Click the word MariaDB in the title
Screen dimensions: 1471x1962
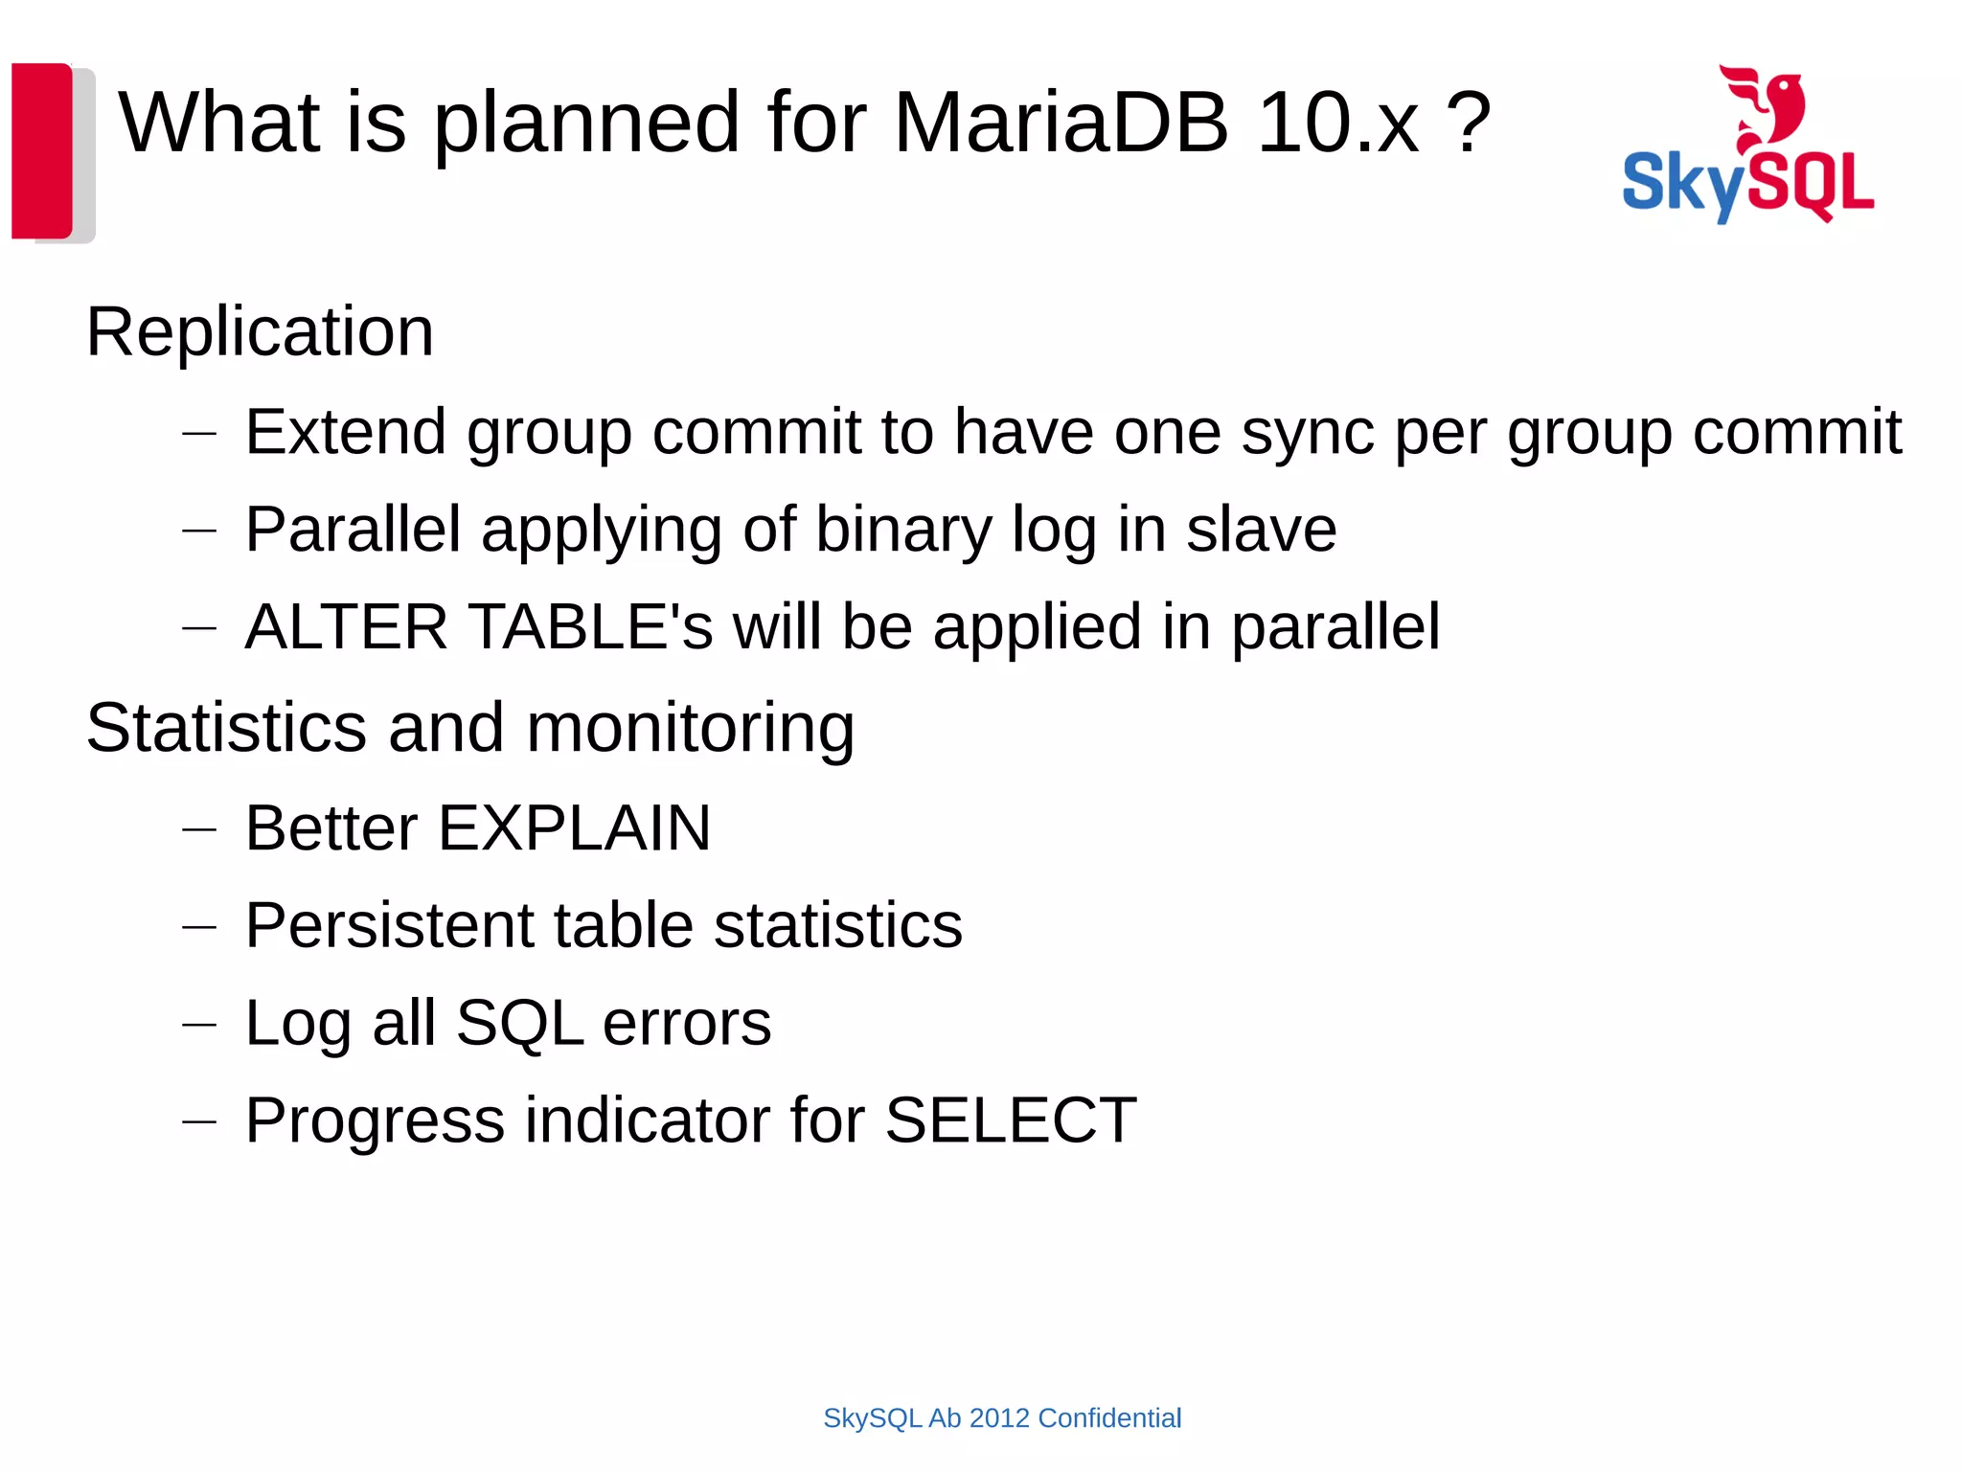tap(1061, 124)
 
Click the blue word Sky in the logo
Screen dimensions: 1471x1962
tap(1682, 185)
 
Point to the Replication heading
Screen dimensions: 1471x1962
tap(260, 331)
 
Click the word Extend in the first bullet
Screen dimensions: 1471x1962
tap(346, 432)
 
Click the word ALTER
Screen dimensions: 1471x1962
tap(346, 627)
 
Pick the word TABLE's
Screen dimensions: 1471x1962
tap(591, 627)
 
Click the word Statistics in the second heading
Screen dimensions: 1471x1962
tap(227, 728)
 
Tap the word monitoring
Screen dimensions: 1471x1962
tap(690, 728)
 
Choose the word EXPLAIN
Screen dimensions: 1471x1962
tap(574, 828)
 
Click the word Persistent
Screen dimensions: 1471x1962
tap(389, 926)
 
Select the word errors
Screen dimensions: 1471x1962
tap(687, 1023)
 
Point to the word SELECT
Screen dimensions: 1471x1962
tap(1011, 1120)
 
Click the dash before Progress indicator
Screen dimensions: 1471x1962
tap(199, 1121)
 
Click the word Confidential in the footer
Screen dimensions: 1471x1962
tap(1109, 1418)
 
